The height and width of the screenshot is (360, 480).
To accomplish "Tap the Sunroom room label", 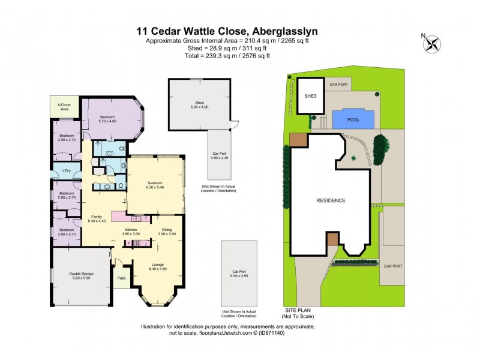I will click(155, 184).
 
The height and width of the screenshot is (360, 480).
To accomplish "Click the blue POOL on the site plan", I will click(353, 120).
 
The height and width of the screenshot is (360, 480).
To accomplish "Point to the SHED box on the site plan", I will click(311, 96).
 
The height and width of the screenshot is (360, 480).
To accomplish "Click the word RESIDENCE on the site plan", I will click(331, 200).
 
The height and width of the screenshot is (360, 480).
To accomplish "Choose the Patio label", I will click(121, 278).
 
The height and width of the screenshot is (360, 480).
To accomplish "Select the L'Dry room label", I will click(67, 172).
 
